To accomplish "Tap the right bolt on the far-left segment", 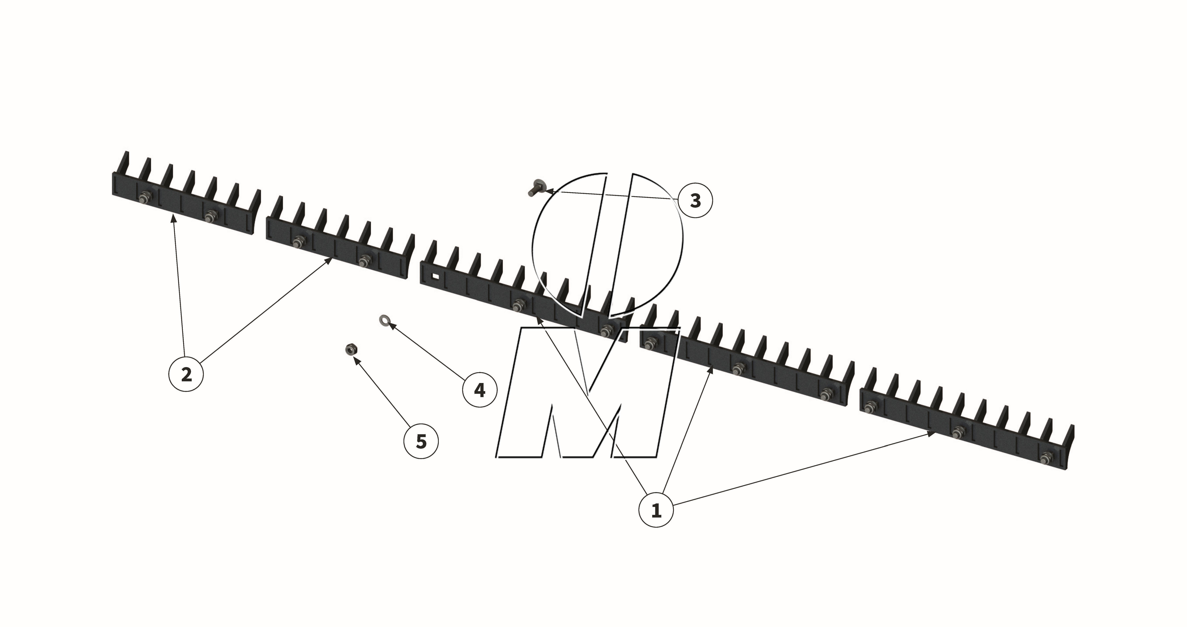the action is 211,215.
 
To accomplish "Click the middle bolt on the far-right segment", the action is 958,432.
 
